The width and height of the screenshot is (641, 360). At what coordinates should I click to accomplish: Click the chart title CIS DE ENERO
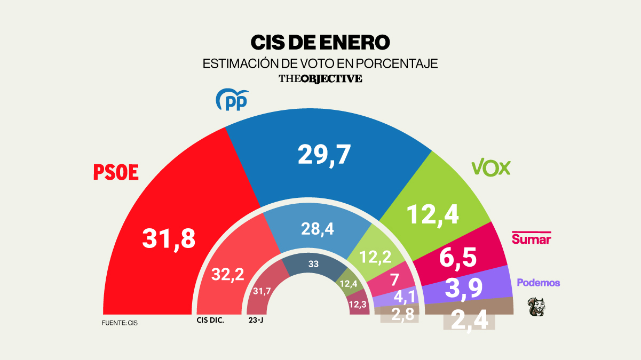320,42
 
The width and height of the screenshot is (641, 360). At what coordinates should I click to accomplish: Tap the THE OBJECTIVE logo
320,78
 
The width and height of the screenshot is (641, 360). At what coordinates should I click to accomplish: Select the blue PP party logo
231,100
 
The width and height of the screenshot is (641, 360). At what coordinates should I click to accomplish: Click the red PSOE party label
116,172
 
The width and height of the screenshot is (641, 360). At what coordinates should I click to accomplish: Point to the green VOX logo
491,167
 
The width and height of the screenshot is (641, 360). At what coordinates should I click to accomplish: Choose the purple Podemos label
539,283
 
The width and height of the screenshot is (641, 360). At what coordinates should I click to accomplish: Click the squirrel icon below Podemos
536,307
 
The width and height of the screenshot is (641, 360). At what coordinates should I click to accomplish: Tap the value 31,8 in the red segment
169,238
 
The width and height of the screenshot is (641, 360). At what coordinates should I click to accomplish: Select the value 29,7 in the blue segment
325,155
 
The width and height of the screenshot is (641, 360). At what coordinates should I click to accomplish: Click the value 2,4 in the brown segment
469,320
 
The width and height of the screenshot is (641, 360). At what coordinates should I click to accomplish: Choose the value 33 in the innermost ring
313,263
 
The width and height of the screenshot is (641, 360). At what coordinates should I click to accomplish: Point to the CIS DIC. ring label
210,321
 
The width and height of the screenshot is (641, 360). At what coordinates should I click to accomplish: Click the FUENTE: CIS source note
120,323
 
